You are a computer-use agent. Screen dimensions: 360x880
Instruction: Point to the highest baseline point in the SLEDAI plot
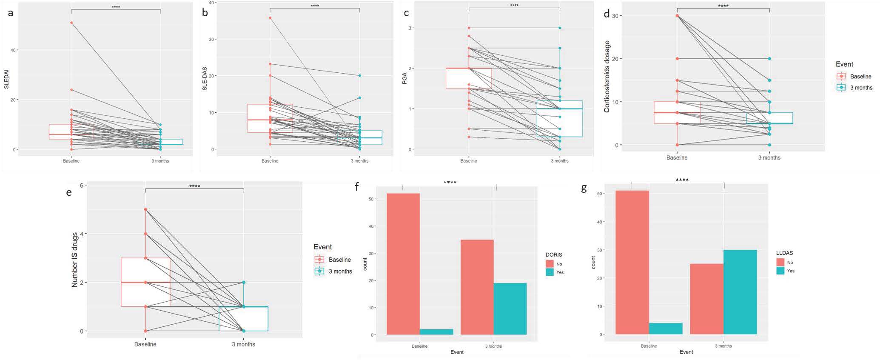tap(71, 23)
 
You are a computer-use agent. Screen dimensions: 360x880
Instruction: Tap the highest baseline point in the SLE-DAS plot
tap(270, 18)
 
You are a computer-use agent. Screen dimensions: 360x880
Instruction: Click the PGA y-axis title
tap(404, 78)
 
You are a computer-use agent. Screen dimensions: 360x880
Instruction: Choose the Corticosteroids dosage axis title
tap(607, 77)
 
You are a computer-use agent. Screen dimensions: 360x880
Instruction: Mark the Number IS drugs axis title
tap(75, 260)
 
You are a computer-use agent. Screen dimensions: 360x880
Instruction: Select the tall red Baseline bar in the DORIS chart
tap(403, 264)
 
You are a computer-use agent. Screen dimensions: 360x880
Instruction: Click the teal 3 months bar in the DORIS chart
tap(510, 309)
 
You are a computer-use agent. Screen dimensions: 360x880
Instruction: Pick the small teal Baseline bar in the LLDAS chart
tap(666, 329)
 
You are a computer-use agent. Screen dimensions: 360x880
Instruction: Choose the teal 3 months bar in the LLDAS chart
tap(740, 292)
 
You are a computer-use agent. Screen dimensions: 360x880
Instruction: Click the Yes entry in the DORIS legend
tap(555, 272)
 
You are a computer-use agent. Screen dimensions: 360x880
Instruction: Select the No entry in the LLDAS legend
tap(785, 263)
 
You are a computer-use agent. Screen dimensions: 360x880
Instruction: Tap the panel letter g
tap(584, 189)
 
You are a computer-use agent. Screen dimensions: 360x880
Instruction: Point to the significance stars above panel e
tap(194, 186)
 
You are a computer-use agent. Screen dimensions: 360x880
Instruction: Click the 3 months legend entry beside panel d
tap(855, 88)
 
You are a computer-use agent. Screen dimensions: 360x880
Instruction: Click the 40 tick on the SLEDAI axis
tap(13, 50)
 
